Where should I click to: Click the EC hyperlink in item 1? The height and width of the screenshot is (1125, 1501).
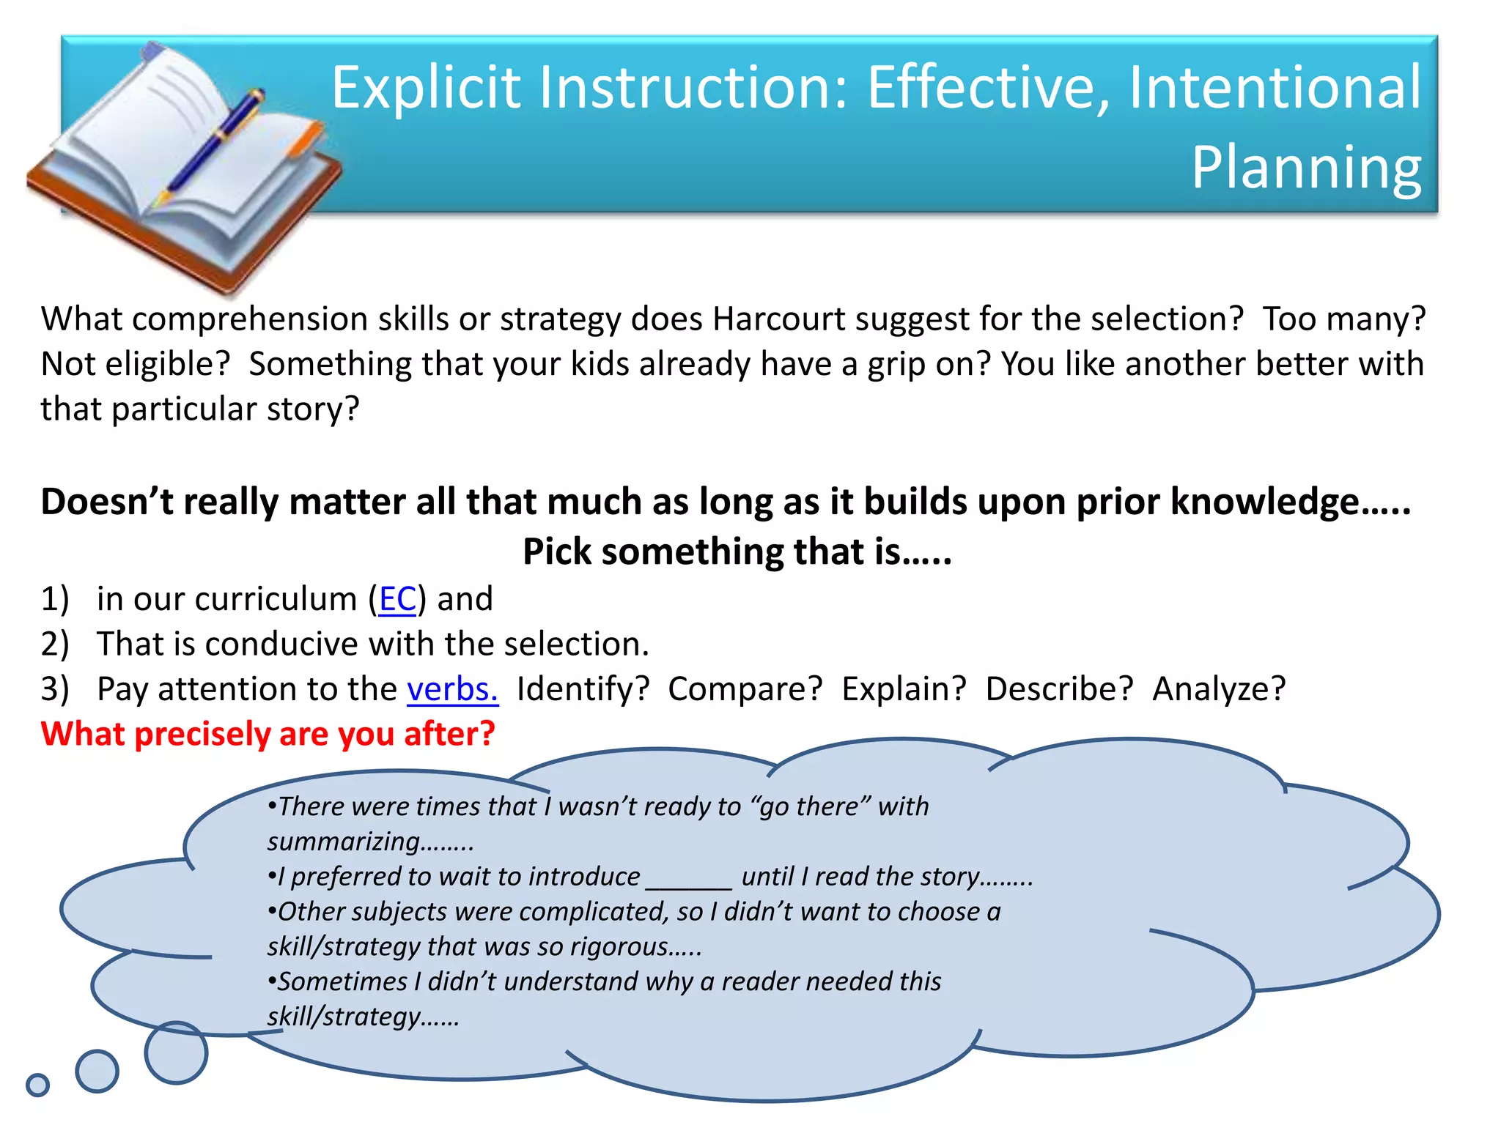click(x=397, y=599)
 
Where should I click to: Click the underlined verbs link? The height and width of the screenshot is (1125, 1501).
click(x=452, y=689)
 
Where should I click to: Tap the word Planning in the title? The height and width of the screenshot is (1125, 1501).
click(x=1306, y=167)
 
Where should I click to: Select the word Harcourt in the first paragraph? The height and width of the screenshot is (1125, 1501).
click(x=778, y=319)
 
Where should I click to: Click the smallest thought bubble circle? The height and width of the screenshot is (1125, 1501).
click(x=37, y=1085)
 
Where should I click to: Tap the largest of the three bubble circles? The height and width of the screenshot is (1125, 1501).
click(x=176, y=1052)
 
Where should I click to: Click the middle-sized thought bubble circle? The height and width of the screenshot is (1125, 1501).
click(x=97, y=1071)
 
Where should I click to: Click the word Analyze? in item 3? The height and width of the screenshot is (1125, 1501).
click(x=1219, y=689)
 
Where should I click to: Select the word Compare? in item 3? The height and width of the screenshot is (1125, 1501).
click(x=745, y=689)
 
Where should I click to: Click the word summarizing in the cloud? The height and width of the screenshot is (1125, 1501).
click(x=344, y=842)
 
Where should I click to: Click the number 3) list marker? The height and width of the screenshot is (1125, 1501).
click(x=55, y=689)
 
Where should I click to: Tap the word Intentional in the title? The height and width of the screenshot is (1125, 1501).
click(x=1274, y=88)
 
